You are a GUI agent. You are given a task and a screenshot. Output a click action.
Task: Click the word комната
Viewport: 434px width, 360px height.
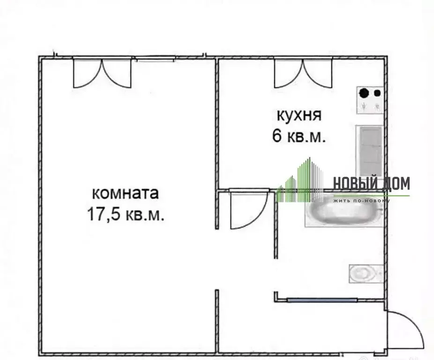[125, 193]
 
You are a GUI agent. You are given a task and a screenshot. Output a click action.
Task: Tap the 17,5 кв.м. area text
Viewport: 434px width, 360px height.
[125, 215]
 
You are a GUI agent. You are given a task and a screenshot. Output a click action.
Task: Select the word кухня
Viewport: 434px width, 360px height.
[299, 115]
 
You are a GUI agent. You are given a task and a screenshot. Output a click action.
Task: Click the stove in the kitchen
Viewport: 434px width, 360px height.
[370, 100]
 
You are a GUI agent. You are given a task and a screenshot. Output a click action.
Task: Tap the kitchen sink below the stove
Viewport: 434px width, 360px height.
[370, 150]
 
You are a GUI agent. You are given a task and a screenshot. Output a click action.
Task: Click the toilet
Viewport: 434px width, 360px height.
[366, 273]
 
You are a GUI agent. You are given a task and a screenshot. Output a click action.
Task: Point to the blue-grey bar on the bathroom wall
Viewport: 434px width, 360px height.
[322, 300]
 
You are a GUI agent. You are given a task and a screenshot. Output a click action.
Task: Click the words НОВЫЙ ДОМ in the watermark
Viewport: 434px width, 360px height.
[371, 183]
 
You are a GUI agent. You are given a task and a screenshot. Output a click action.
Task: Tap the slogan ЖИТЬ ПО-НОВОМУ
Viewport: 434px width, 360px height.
[361, 201]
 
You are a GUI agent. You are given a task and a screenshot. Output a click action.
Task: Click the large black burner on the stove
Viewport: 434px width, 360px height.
[364, 93]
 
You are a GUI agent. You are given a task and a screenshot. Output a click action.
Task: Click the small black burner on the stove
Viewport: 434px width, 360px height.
[377, 93]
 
